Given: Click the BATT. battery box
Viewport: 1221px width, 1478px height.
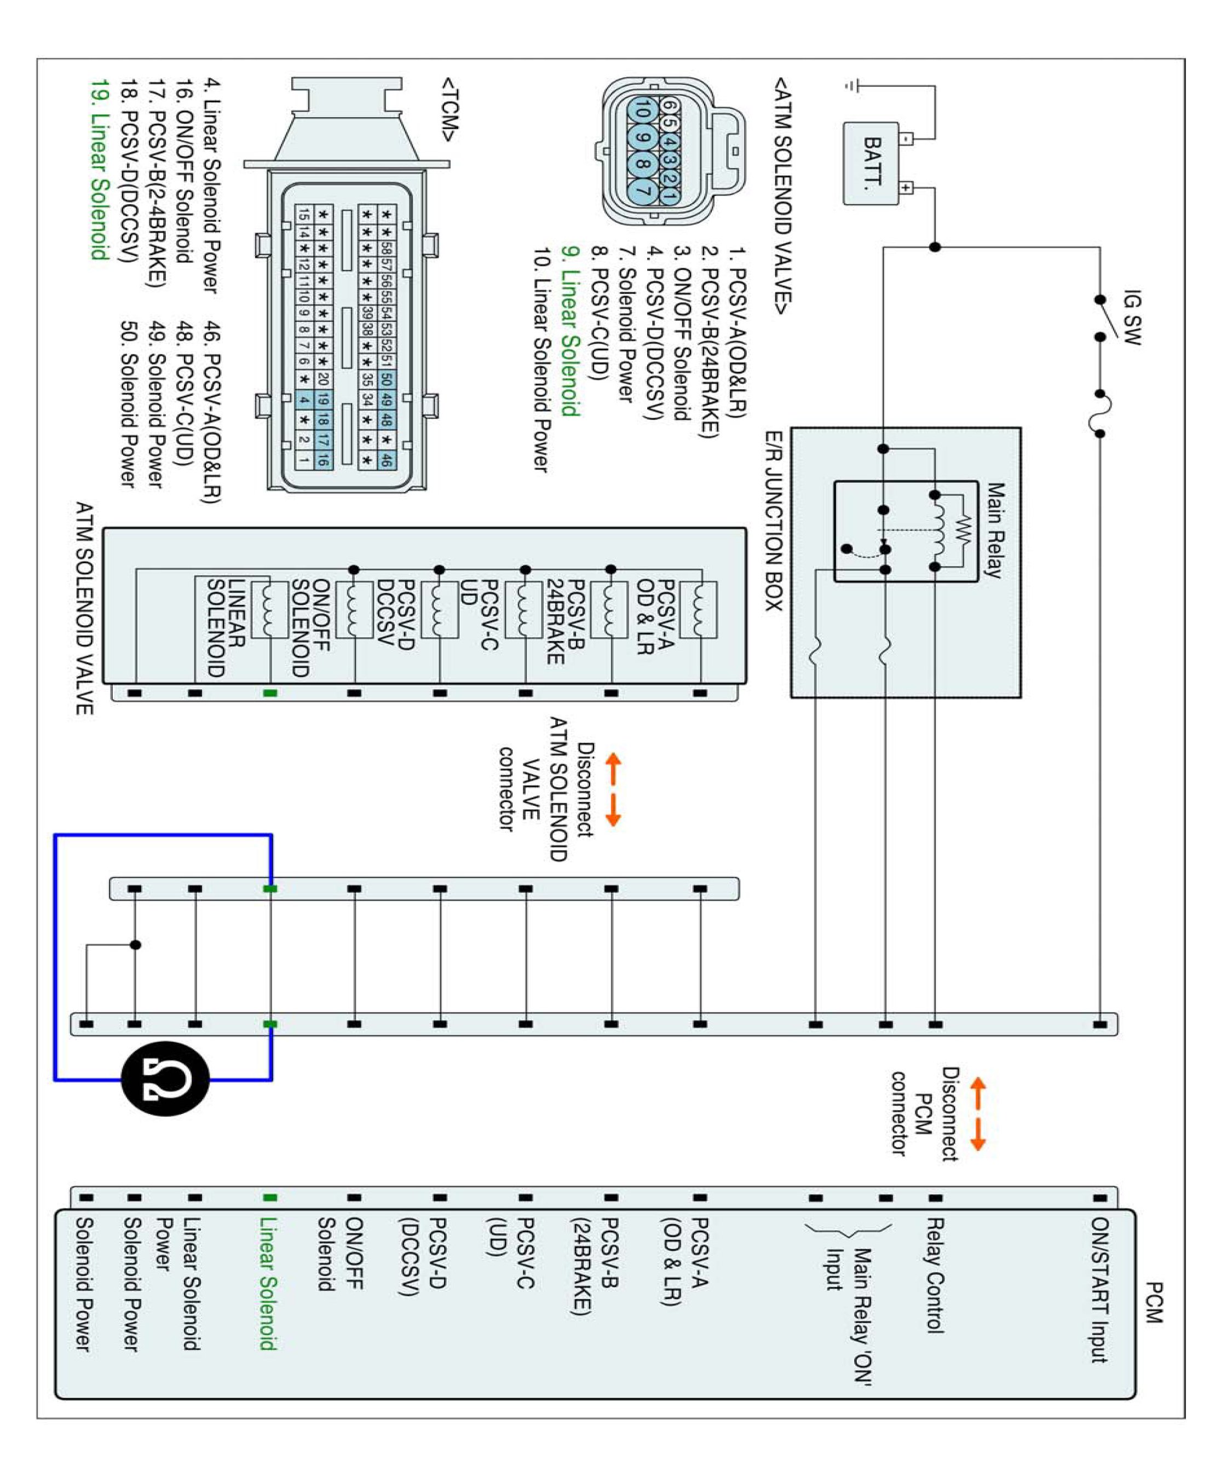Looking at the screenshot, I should click(871, 164).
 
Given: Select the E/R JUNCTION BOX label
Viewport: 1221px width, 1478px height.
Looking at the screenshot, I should click(774, 521).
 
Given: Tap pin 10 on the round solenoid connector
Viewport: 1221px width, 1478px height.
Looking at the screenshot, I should click(642, 111).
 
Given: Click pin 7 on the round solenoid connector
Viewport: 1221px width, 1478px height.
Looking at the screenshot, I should click(642, 188).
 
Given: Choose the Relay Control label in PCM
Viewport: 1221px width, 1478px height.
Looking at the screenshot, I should click(934, 1275).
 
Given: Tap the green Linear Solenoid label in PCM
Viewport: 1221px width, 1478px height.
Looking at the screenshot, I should click(268, 1283).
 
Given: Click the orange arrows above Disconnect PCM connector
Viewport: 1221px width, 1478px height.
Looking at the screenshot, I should click(977, 1115).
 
